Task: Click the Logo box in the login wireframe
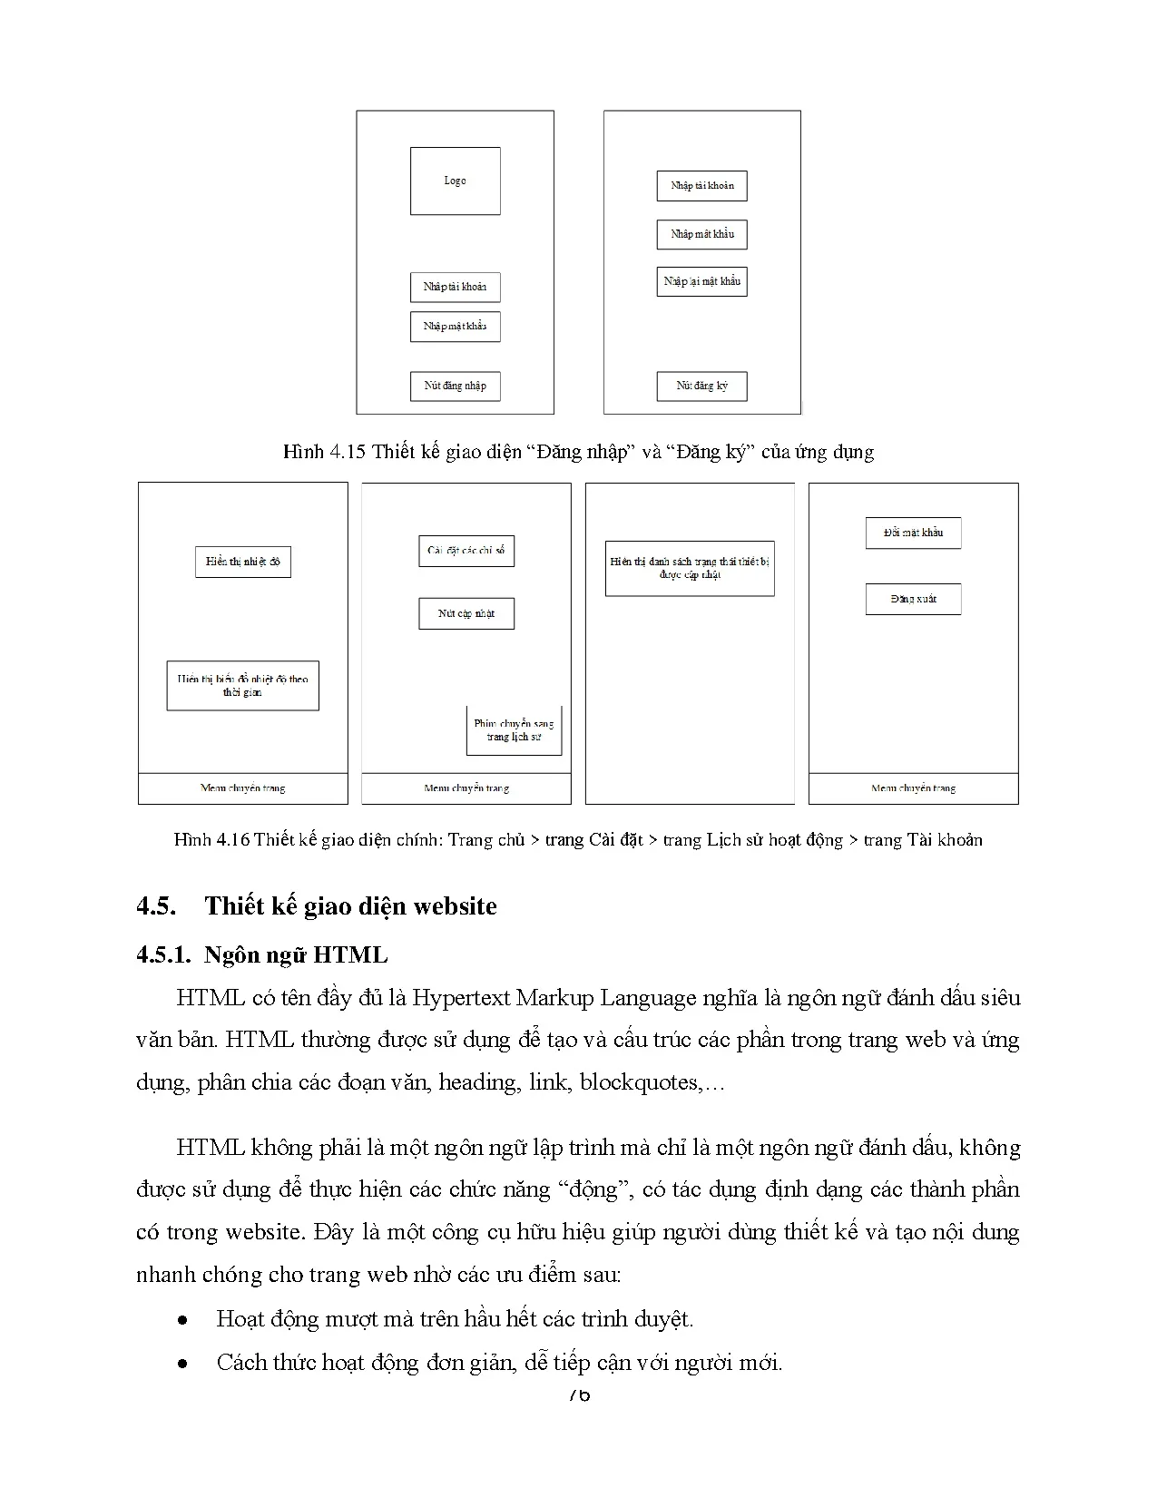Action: tap(455, 181)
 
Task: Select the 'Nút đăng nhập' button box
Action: tap(455, 386)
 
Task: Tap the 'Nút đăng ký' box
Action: tap(701, 386)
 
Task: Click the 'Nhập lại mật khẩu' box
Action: tap(701, 281)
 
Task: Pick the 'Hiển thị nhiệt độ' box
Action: tap(242, 562)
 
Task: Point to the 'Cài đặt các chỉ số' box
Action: tap(466, 551)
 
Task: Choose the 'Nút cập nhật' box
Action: tap(466, 613)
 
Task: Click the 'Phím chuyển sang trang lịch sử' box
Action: tap(514, 730)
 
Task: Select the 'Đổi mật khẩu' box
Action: tap(913, 533)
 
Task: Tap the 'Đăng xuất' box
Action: tap(913, 599)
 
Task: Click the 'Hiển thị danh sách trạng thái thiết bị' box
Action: tap(690, 568)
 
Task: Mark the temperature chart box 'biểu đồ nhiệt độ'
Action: tap(242, 685)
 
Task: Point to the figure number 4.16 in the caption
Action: tap(233, 840)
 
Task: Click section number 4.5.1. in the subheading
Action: tap(163, 954)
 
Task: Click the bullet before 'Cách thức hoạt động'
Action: tap(183, 1363)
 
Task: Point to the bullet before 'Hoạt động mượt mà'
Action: tap(183, 1320)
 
